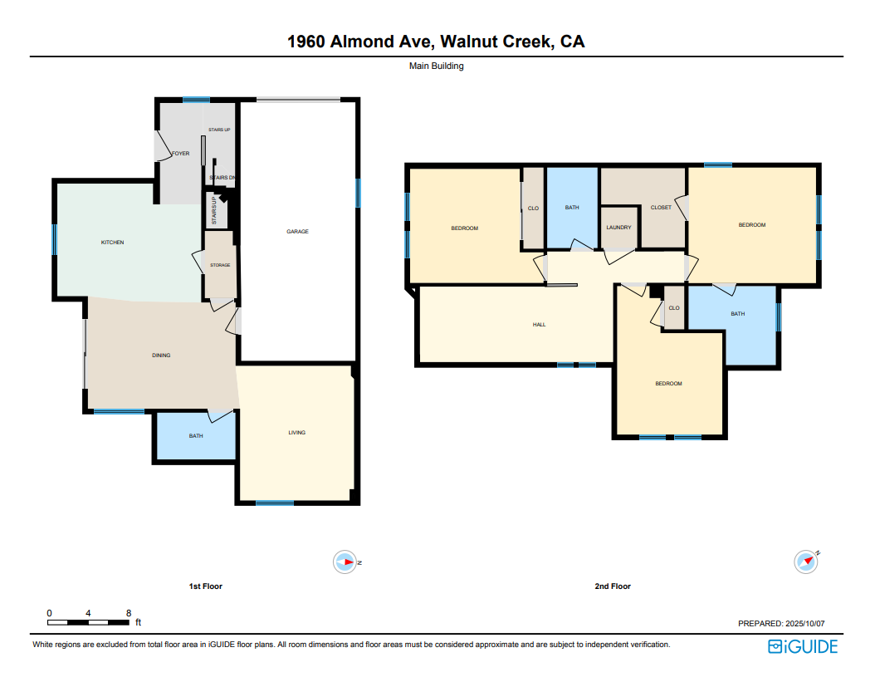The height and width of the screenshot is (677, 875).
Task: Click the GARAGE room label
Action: point(297,231)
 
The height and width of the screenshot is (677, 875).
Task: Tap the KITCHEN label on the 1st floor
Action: point(112,243)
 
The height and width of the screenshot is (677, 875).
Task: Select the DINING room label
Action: point(161,356)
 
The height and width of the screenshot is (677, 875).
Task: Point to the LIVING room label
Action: point(297,432)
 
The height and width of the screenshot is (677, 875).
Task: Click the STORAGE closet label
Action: point(221,265)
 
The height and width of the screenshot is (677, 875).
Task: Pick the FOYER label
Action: point(181,153)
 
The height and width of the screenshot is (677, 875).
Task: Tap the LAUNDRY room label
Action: point(618,228)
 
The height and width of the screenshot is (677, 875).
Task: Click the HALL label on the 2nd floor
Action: point(539,325)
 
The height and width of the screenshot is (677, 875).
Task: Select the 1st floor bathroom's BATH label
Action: point(196,436)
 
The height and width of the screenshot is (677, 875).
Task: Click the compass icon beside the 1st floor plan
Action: point(345,562)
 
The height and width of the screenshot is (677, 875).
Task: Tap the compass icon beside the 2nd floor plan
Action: point(806,562)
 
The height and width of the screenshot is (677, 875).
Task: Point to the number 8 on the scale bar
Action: point(129,613)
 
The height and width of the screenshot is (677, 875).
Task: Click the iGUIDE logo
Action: point(803,646)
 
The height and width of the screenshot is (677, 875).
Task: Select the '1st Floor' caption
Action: point(205,586)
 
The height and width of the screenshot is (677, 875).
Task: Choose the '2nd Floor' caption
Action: point(613,586)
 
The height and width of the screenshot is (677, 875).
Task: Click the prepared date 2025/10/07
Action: point(804,623)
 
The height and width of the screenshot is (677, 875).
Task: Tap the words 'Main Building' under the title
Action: point(437,66)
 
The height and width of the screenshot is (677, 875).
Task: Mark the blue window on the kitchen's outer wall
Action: point(55,239)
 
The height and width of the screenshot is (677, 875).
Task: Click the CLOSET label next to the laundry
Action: point(662,207)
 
